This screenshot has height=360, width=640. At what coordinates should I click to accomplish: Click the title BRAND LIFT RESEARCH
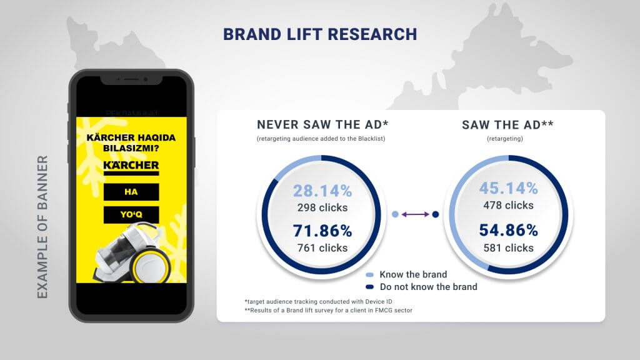[x=320, y=33]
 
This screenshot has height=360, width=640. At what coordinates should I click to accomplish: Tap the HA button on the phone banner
[x=131, y=192]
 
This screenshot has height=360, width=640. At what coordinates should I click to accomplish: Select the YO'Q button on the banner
[x=131, y=215]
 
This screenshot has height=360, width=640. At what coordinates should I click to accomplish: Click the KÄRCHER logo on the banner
[x=131, y=166]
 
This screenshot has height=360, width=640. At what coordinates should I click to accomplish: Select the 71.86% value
[x=320, y=231]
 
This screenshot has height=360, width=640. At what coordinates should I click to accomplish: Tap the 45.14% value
[x=508, y=188]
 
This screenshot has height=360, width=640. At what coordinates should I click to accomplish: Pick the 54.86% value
[x=508, y=229]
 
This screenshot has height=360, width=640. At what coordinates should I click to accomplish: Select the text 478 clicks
[x=508, y=205]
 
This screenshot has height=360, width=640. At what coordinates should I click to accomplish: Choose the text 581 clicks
[x=508, y=247]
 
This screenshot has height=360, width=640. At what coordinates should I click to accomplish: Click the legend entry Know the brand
[x=412, y=274]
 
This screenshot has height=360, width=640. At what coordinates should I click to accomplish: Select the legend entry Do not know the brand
[x=427, y=287]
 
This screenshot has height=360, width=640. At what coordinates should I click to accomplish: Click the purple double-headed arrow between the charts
[x=415, y=214]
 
